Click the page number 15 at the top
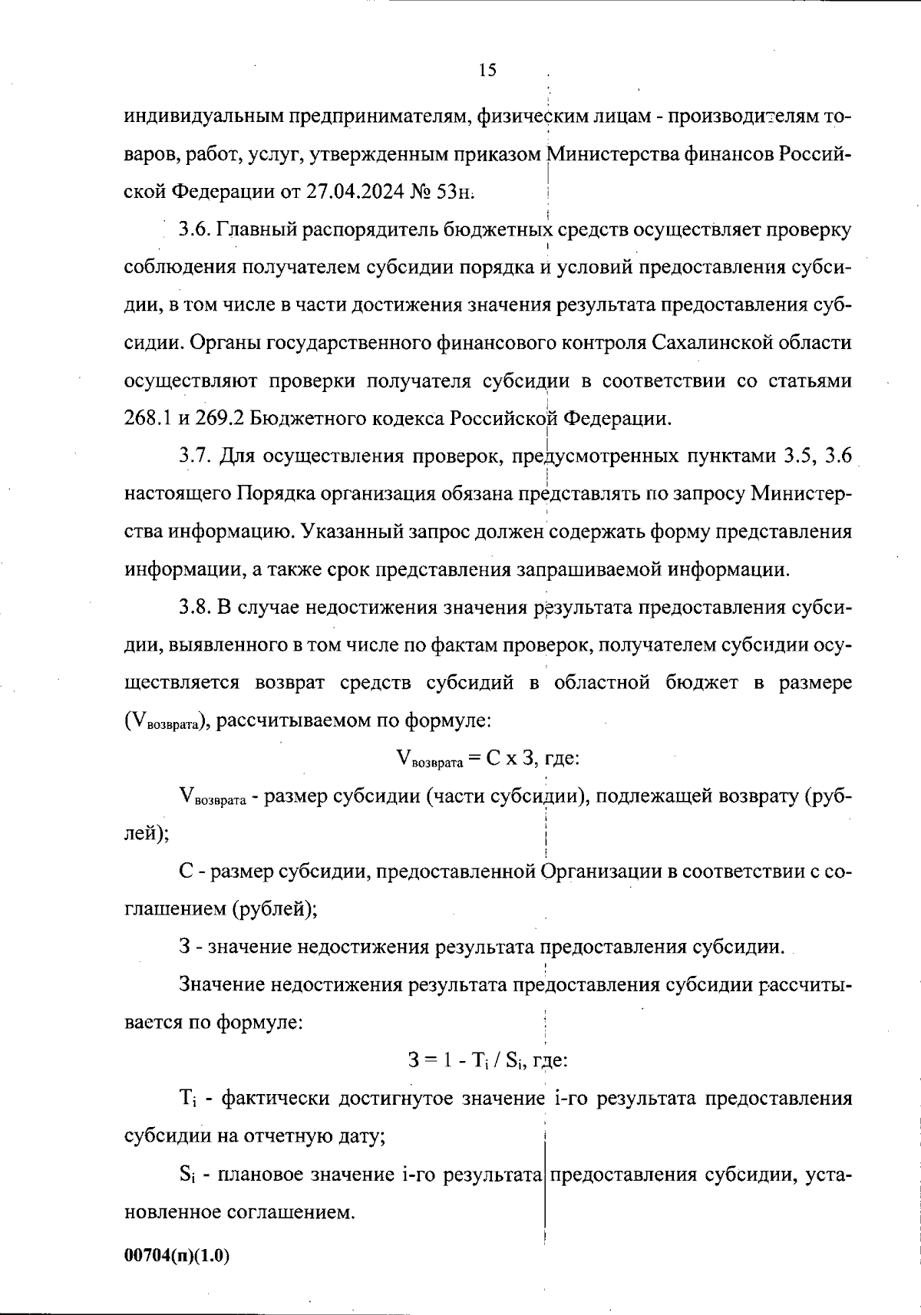point(487,71)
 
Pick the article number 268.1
point(148,419)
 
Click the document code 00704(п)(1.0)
point(177,1255)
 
